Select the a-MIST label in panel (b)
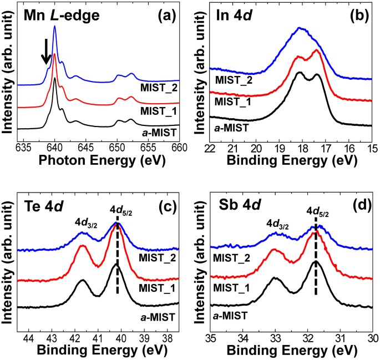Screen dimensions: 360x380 (231, 131)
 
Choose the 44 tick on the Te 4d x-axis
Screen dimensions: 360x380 (29, 337)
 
